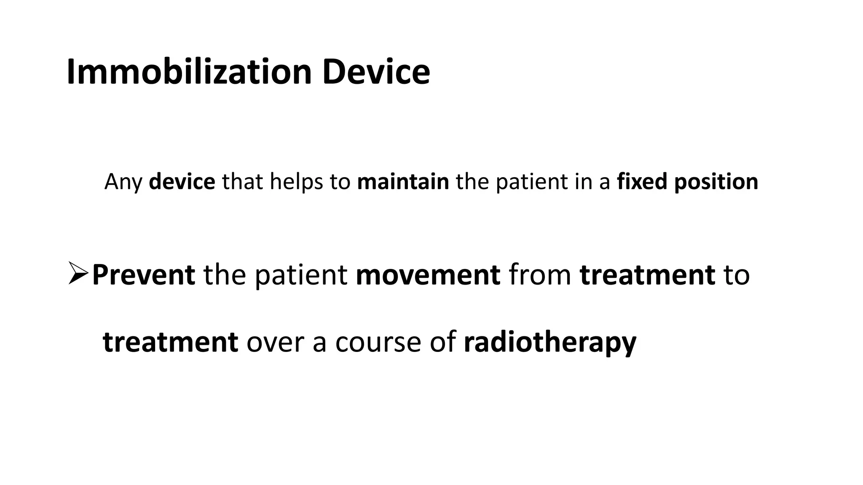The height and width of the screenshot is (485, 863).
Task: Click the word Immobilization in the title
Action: click(189, 72)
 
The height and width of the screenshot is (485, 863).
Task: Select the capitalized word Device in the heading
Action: click(376, 72)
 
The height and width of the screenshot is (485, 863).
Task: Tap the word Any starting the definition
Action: click(123, 182)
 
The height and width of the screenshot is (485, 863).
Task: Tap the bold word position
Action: click(716, 182)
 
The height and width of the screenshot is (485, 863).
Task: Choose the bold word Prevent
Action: click(143, 274)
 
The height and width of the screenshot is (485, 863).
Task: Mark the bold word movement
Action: click(428, 274)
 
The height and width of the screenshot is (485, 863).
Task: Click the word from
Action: click(540, 274)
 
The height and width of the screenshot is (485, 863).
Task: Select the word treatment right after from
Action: click(647, 274)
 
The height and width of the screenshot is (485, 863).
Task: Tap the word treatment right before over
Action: click(170, 341)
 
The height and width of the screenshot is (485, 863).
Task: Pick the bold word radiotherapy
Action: click(549, 342)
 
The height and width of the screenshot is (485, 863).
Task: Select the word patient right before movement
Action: click(301, 275)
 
